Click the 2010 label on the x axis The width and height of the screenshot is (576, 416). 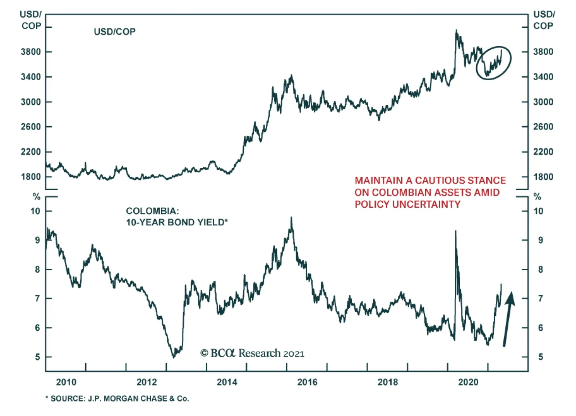click(66, 382)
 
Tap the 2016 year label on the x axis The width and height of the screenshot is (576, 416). click(307, 382)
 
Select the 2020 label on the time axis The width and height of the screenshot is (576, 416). click(468, 382)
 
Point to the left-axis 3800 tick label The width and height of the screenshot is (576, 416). click(31, 52)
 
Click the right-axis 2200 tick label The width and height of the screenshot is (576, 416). click(543, 152)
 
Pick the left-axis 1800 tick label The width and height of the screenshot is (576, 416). click(31, 177)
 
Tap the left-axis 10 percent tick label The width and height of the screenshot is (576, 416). click(35, 211)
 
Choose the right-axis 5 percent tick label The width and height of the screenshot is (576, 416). click(540, 357)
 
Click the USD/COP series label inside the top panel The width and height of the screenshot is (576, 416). click(114, 32)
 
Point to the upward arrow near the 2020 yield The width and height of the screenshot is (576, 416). click(508, 318)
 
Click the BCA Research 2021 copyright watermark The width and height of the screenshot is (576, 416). click(252, 353)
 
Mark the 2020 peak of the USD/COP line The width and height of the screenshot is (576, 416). click(456, 30)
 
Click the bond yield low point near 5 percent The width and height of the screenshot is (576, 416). click(174, 357)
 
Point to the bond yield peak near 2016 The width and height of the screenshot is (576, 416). click(291, 217)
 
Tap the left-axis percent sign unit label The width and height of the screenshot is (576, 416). click(36, 197)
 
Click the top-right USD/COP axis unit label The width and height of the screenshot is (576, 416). click(544, 20)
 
